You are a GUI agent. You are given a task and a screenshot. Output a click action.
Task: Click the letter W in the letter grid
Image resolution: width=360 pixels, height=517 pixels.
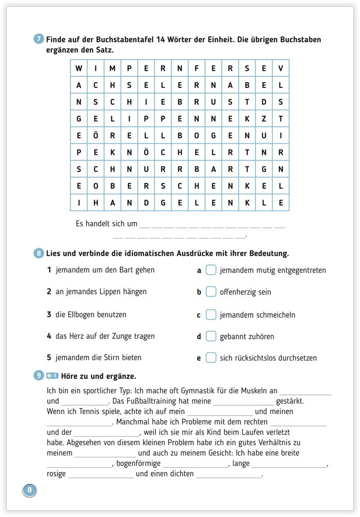(x=79, y=68)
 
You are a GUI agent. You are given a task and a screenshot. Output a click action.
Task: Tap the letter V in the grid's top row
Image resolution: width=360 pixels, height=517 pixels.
(x=280, y=68)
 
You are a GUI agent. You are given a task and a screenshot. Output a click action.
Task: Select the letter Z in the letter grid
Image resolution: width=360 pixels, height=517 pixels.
(x=264, y=119)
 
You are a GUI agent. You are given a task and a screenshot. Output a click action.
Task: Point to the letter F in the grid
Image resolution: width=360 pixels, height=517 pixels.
(x=196, y=68)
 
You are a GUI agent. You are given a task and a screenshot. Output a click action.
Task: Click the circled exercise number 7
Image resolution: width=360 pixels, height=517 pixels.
(x=39, y=40)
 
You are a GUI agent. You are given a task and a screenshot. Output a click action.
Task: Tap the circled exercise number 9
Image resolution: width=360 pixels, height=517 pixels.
(x=39, y=376)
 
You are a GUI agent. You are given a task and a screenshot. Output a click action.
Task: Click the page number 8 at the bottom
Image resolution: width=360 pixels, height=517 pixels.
(x=30, y=490)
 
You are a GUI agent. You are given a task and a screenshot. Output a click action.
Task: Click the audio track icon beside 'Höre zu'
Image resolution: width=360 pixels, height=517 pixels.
(x=52, y=376)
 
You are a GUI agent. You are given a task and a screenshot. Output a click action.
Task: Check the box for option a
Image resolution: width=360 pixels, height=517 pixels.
(x=211, y=270)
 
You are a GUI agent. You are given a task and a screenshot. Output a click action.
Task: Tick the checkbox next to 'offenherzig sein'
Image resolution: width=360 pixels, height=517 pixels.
(x=211, y=292)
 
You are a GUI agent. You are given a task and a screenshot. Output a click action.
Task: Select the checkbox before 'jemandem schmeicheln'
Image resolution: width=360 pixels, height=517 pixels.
(x=211, y=315)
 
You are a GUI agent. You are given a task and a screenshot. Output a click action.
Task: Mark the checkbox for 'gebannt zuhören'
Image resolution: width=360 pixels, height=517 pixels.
(x=211, y=336)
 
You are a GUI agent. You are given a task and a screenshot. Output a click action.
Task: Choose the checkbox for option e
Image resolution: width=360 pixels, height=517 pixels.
(x=211, y=358)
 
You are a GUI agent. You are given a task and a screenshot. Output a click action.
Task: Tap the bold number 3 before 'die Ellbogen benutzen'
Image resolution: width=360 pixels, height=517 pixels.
(x=49, y=315)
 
